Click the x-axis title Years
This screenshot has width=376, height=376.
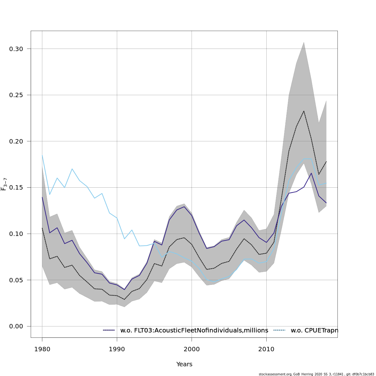pyautogui.click(x=184, y=364)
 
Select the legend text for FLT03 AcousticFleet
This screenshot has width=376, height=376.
pyautogui.click(x=194, y=330)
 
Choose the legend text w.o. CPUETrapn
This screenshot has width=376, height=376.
pyautogui.click(x=314, y=330)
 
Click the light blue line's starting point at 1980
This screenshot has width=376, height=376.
pyautogui.click(x=42, y=155)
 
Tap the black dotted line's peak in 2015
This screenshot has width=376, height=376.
pyautogui.click(x=304, y=111)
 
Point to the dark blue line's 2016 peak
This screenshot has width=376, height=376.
pyautogui.click(x=311, y=173)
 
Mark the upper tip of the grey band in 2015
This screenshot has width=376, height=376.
pyautogui.click(x=304, y=42)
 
